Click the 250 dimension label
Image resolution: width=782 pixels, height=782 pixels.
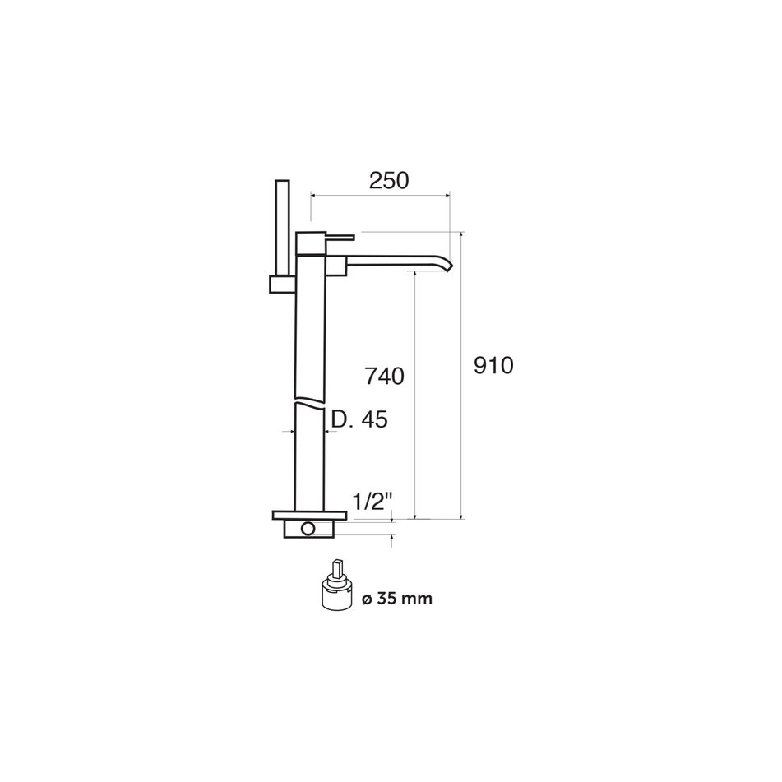(389, 181)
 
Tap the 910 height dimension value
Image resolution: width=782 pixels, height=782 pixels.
(493, 366)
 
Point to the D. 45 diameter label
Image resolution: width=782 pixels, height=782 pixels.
(359, 419)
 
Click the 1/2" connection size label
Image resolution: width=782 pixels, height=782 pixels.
(370, 502)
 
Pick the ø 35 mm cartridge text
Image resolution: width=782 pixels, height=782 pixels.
(397, 598)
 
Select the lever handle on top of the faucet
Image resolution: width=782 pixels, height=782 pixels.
(340, 236)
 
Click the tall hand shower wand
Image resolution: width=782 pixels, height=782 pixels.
(283, 228)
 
